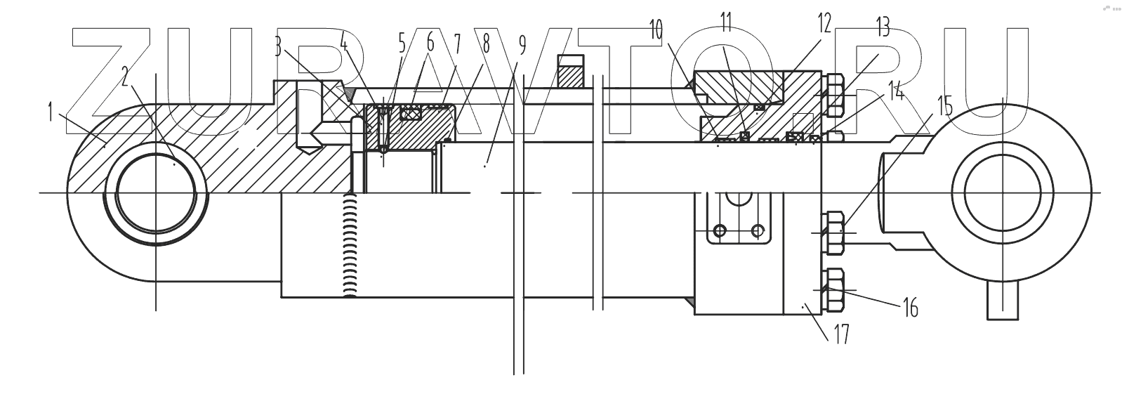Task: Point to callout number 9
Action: coord(521,46)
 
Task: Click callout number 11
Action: coord(726,22)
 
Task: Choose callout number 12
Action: coord(824,25)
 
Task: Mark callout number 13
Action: coord(883,30)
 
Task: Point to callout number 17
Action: coord(840,334)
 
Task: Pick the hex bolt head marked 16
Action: coord(833,289)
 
